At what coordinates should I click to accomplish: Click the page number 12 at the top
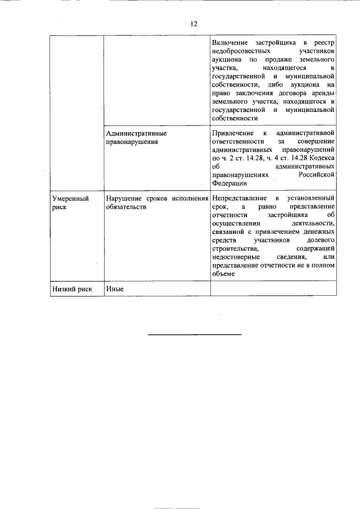click(x=193, y=24)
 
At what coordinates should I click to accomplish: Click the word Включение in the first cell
click(x=230, y=43)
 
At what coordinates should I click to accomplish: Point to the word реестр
click(x=323, y=43)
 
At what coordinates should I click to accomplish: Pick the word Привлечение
click(x=232, y=134)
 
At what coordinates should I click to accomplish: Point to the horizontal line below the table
click(x=195, y=335)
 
